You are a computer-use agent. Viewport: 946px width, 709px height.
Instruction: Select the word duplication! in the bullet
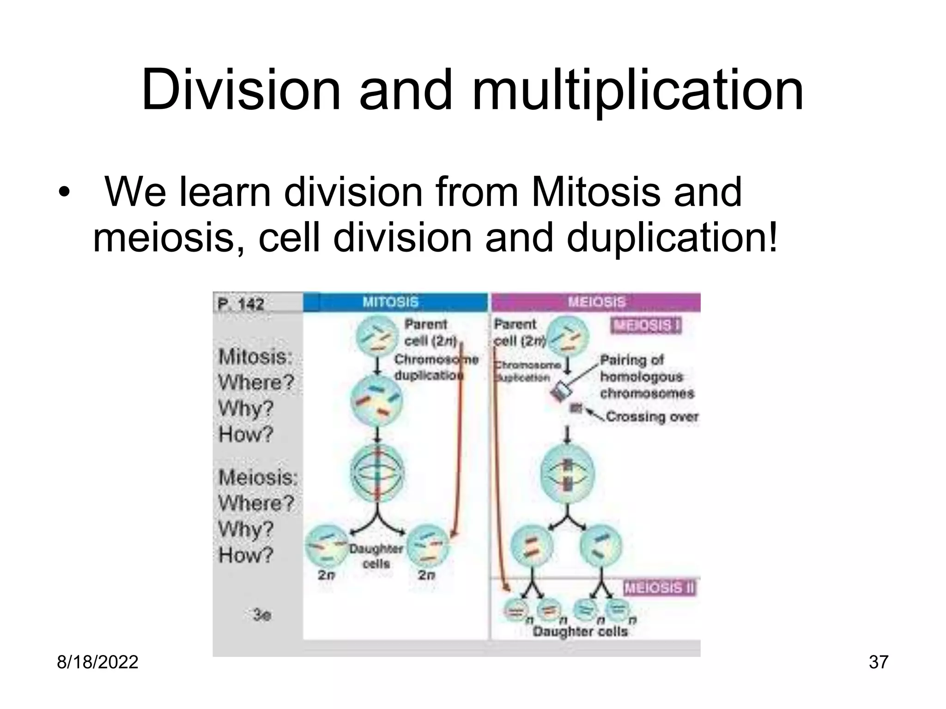click(672, 239)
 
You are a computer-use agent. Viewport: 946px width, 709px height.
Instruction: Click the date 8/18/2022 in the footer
click(97, 662)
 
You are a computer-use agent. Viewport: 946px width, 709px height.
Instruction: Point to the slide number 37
click(878, 662)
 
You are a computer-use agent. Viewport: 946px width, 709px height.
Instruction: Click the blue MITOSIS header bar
click(395, 302)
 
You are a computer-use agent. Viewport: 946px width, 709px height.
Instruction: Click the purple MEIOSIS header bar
click(596, 302)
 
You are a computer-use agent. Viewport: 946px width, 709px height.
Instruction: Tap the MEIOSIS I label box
click(646, 326)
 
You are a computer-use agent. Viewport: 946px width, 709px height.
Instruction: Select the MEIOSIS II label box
click(659, 588)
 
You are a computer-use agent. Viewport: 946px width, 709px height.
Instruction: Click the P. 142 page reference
click(241, 304)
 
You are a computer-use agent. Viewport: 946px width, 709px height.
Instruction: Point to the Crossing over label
click(651, 417)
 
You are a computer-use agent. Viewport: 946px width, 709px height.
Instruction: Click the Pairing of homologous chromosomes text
click(647, 377)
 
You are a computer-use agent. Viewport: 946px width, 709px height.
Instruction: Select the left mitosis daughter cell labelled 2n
click(326, 547)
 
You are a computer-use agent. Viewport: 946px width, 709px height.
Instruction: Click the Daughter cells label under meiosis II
click(580, 631)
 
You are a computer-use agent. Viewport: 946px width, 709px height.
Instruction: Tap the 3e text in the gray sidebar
click(262, 615)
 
